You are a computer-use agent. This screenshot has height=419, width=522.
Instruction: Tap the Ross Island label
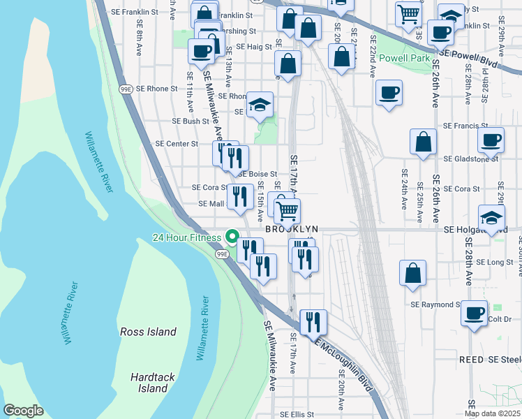pyautogui.click(x=148, y=332)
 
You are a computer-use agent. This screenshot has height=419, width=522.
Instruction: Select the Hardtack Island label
pyautogui.click(x=148, y=382)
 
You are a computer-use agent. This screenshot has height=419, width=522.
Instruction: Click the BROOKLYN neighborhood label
pyautogui.click(x=292, y=229)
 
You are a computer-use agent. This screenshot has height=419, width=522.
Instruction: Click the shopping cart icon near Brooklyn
pyautogui.click(x=286, y=209)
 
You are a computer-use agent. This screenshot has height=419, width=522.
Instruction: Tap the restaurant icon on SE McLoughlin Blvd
pyautogui.click(x=313, y=321)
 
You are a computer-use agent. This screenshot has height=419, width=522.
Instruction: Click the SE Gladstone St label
pyautogui.click(x=471, y=159)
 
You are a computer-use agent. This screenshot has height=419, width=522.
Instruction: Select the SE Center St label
pyautogui.click(x=177, y=143)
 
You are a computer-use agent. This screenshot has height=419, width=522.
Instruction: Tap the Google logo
pyautogui.click(x=24, y=411)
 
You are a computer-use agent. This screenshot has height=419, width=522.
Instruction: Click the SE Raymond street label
pyautogui.click(x=435, y=304)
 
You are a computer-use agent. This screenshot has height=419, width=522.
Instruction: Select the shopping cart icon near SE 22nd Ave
pyautogui.click(x=408, y=13)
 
